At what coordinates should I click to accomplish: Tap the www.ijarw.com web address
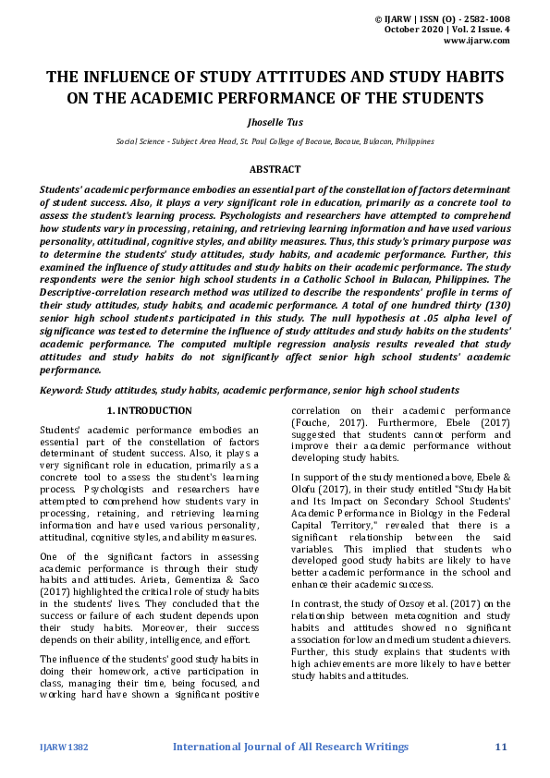[477, 41]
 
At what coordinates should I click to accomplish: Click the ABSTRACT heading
[275, 169]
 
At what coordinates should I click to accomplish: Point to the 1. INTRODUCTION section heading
[150, 410]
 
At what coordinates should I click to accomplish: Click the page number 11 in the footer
[502, 746]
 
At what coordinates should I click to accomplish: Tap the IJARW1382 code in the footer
[64, 747]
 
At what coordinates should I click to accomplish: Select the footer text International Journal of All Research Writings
[290, 746]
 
